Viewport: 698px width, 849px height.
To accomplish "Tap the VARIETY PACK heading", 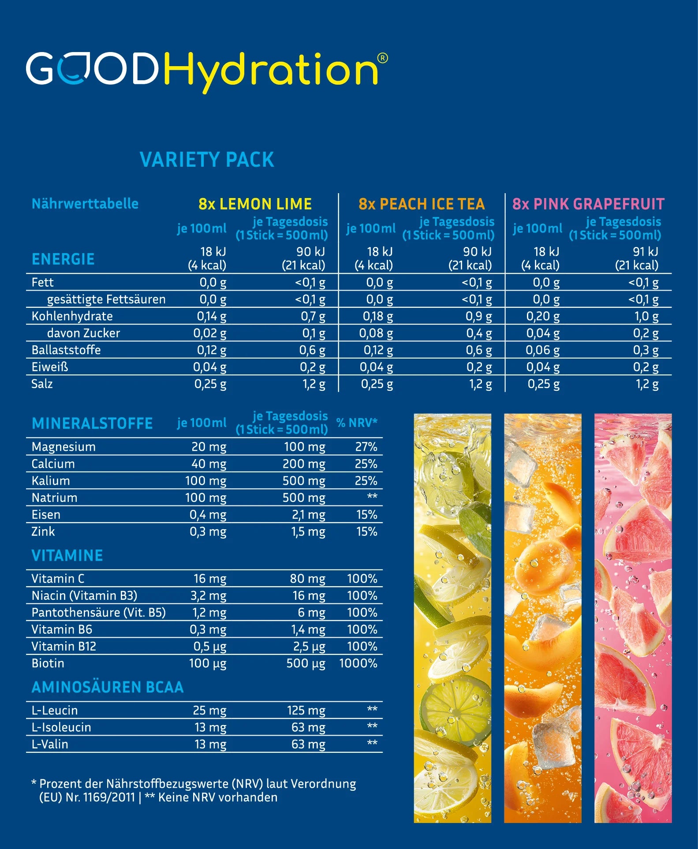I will point(207,160).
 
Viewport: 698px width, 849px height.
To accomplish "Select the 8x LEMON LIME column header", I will point(255,204).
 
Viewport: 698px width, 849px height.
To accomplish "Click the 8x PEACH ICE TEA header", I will point(422,204).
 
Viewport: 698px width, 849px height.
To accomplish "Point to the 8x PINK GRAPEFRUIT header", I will point(588,204).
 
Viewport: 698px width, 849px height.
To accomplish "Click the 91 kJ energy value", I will point(645,252).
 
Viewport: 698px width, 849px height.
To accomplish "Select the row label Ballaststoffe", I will point(66,350).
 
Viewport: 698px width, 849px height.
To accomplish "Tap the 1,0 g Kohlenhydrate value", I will point(646,316).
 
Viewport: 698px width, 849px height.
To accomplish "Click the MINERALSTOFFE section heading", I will point(92,423).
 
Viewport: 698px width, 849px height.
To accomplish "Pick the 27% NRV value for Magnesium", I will point(366,447).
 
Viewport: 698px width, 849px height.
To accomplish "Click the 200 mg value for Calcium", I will point(304,464).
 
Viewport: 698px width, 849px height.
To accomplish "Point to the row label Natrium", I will point(54,498).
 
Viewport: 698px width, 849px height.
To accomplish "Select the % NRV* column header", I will point(357,423).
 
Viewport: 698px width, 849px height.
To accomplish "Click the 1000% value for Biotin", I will point(358,663).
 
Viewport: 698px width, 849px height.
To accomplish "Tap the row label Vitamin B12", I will point(64,647).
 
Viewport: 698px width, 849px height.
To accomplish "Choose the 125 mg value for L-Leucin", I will point(306,711).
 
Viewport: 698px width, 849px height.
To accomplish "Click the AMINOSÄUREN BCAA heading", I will point(108,687).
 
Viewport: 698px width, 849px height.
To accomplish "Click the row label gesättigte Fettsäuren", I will point(106,299).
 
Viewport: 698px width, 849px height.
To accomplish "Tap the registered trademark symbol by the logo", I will point(383,58).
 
